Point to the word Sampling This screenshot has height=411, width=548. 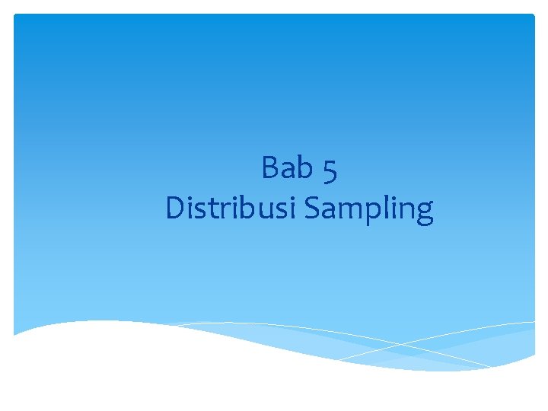point(368,209)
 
